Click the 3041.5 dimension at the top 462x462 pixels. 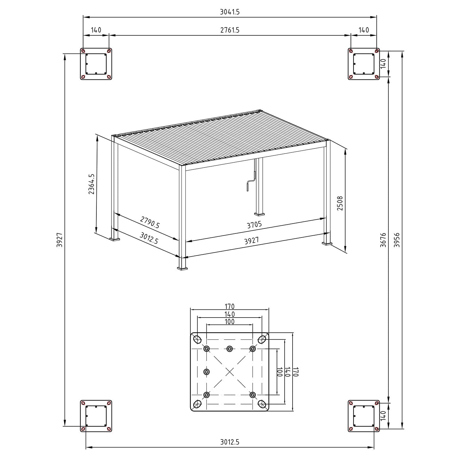pos(230,12)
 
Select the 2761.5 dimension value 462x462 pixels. pos(230,30)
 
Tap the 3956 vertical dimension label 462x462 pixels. pos(397,240)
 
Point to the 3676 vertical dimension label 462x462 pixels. pos(383,240)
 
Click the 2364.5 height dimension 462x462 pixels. pos(91,184)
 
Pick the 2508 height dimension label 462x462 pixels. pos(340,203)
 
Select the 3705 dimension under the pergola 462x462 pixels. pos(254,225)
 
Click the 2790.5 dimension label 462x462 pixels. pos(150,222)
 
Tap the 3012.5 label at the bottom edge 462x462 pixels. pos(230,442)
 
